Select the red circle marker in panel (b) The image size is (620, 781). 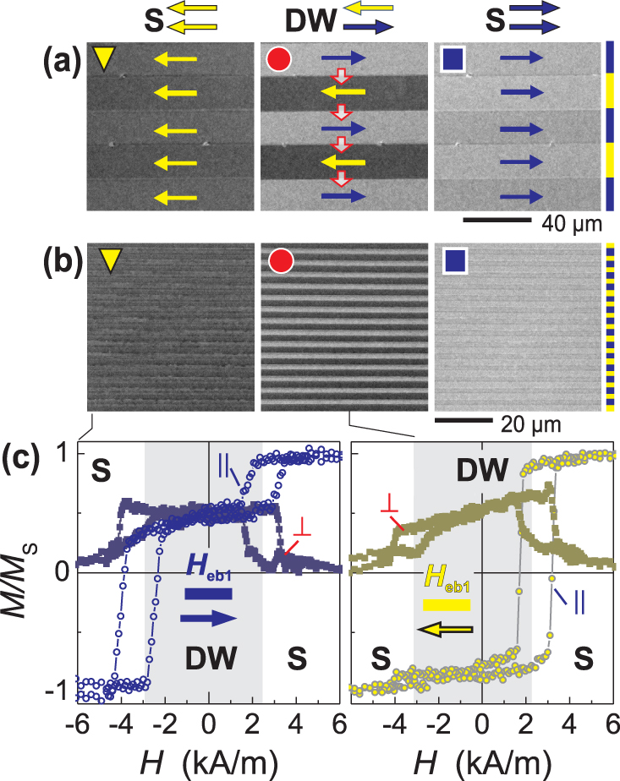click(x=279, y=262)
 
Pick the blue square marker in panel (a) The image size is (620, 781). click(x=453, y=60)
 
